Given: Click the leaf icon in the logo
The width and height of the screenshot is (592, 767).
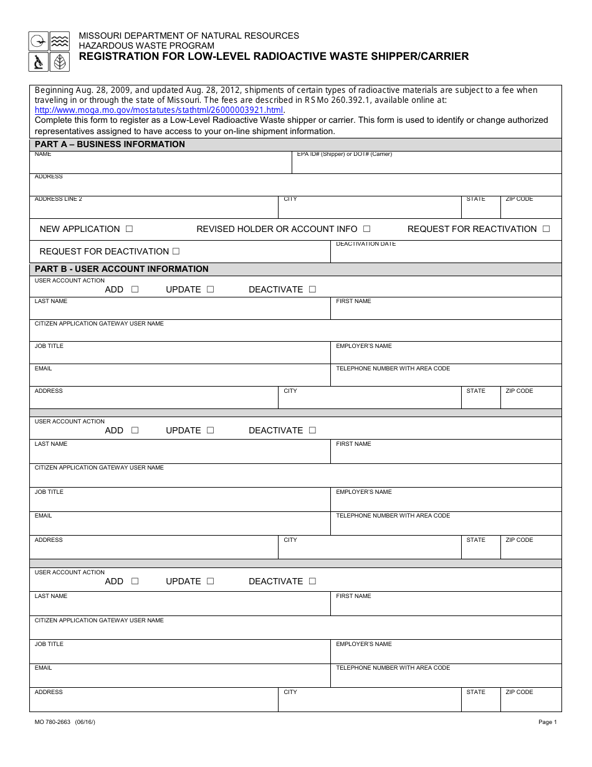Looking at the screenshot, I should [60, 62].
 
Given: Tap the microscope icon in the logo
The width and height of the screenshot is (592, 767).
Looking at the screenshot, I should [39, 62].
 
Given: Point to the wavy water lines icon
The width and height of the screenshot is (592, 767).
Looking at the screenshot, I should [60, 41].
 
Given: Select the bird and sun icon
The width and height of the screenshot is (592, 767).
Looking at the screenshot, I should [39, 41].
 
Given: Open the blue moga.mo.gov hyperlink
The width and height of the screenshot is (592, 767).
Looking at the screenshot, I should [159, 110].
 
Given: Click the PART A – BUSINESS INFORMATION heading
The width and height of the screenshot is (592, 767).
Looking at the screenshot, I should [110, 144].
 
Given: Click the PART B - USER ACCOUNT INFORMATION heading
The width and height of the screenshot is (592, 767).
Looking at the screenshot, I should [122, 269].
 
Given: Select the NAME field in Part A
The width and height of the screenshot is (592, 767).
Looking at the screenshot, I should [160, 165].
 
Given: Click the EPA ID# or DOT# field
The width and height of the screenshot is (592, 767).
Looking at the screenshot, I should [426, 165].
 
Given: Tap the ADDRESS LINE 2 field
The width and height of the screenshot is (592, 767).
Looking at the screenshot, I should [153, 210].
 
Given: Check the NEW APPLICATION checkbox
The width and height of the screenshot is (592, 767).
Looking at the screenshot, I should [129, 229].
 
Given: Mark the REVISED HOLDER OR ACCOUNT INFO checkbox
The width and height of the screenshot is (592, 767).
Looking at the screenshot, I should [366, 229].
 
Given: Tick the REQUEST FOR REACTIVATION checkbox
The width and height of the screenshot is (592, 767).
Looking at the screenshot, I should [546, 229].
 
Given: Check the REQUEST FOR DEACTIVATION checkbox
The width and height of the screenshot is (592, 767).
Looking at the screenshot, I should [176, 251].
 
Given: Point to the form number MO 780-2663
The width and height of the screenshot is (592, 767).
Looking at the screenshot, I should [53, 722].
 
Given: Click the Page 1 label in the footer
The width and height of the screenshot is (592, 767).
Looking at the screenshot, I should [547, 722].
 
